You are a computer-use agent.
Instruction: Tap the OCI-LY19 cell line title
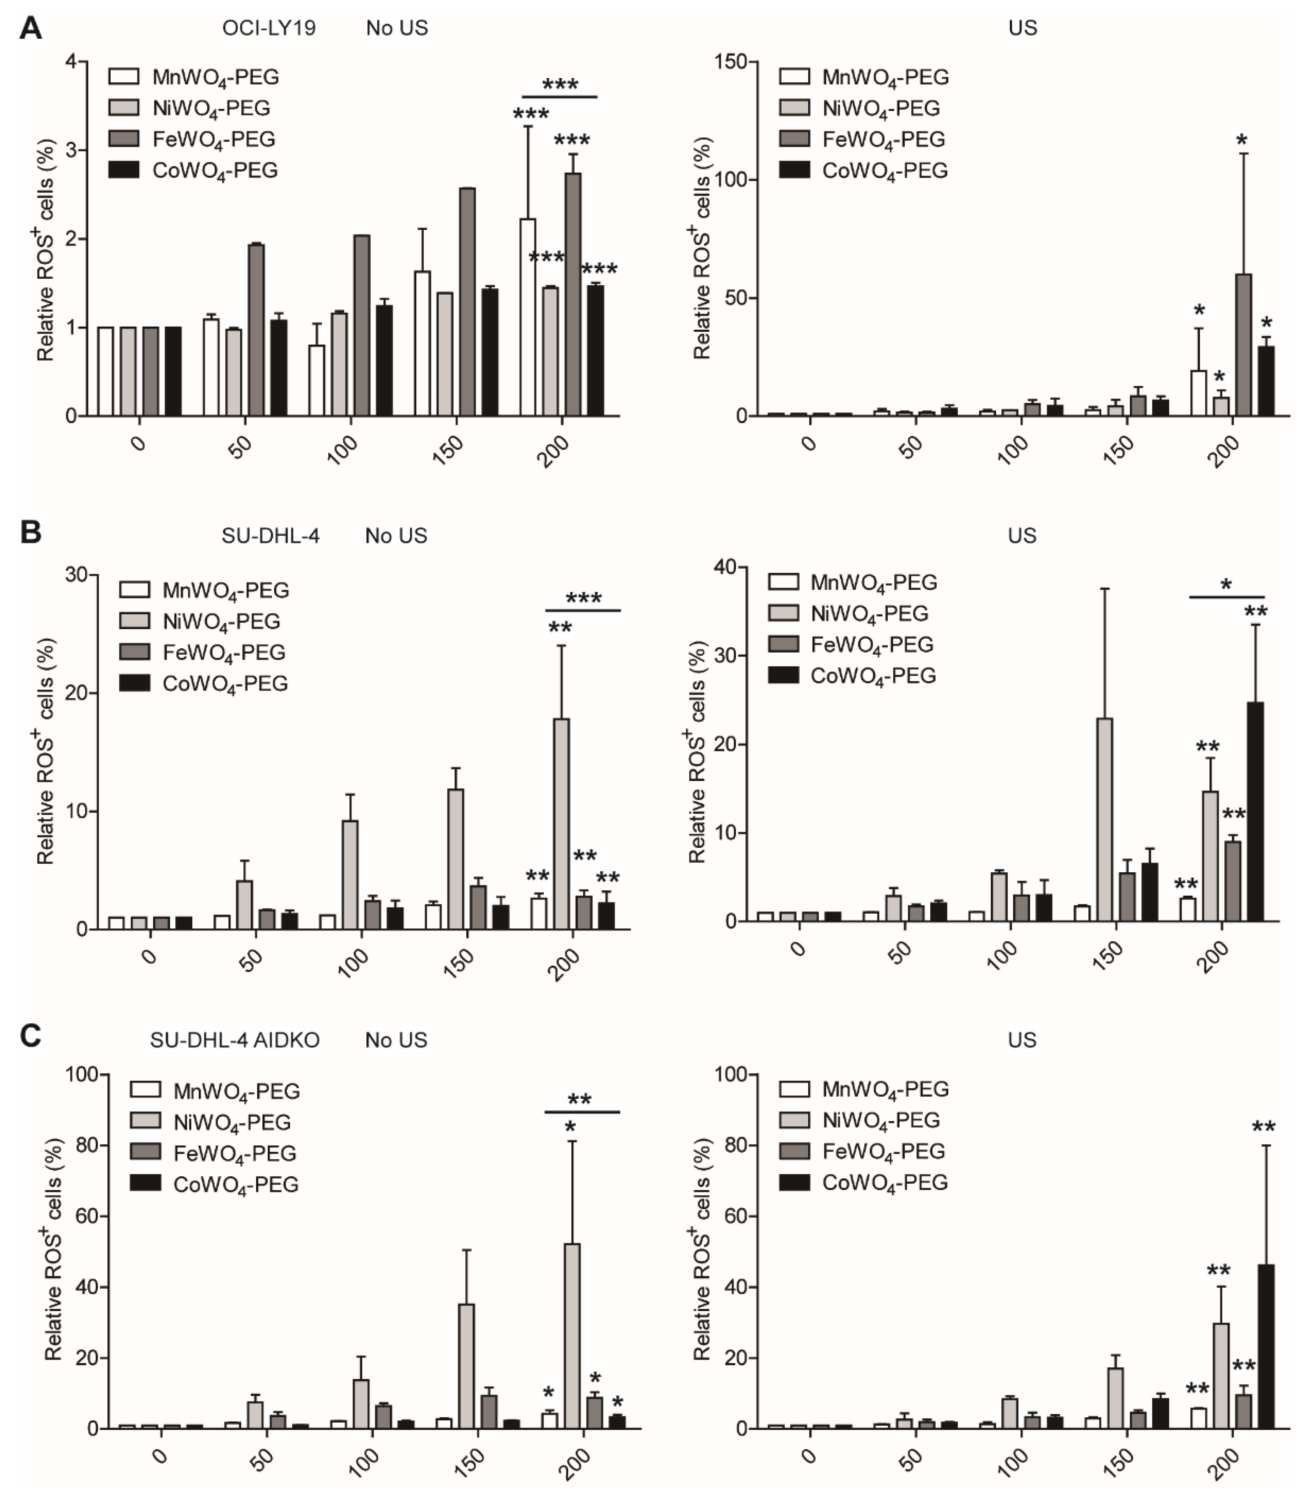point(269,28)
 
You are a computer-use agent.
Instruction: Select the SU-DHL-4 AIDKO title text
point(235,1040)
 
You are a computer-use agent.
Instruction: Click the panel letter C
point(30,1036)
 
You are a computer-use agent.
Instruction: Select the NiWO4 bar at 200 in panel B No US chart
point(562,823)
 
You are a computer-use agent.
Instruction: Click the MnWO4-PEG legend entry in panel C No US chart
point(214,1091)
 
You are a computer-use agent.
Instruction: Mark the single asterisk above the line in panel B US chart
point(1226,584)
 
